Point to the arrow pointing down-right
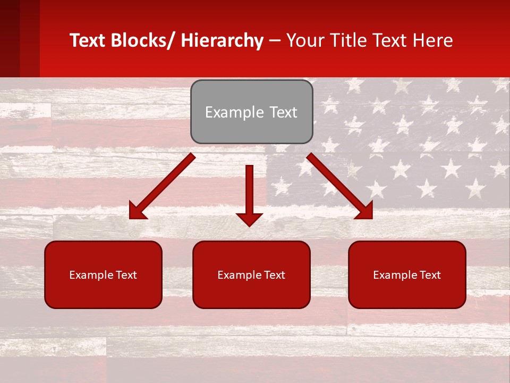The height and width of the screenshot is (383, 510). tap(340, 186)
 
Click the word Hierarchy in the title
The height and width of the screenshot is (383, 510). tap(222, 40)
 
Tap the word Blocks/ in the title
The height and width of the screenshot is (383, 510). tap(143, 40)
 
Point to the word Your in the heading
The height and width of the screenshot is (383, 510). tap(303, 40)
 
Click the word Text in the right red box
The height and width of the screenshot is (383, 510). tap(429, 275)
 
